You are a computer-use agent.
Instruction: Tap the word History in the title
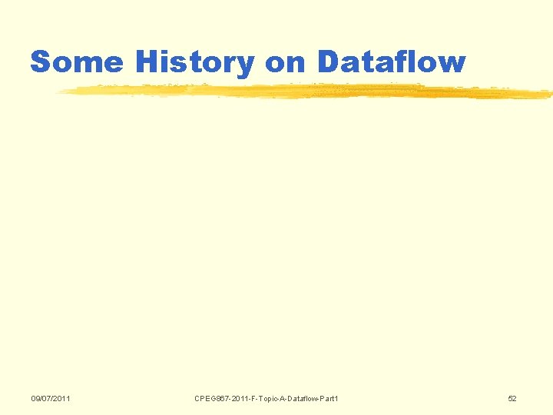pos(195,61)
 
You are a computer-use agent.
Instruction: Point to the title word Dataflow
pos(390,61)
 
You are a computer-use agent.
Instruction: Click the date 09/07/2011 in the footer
pos(51,398)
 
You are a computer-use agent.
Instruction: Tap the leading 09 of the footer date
pos(35,398)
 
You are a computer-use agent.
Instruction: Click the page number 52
pos(512,398)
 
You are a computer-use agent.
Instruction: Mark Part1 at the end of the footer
pos(328,398)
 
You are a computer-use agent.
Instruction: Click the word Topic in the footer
pos(260,398)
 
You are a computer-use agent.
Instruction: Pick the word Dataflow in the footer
pos(297,398)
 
